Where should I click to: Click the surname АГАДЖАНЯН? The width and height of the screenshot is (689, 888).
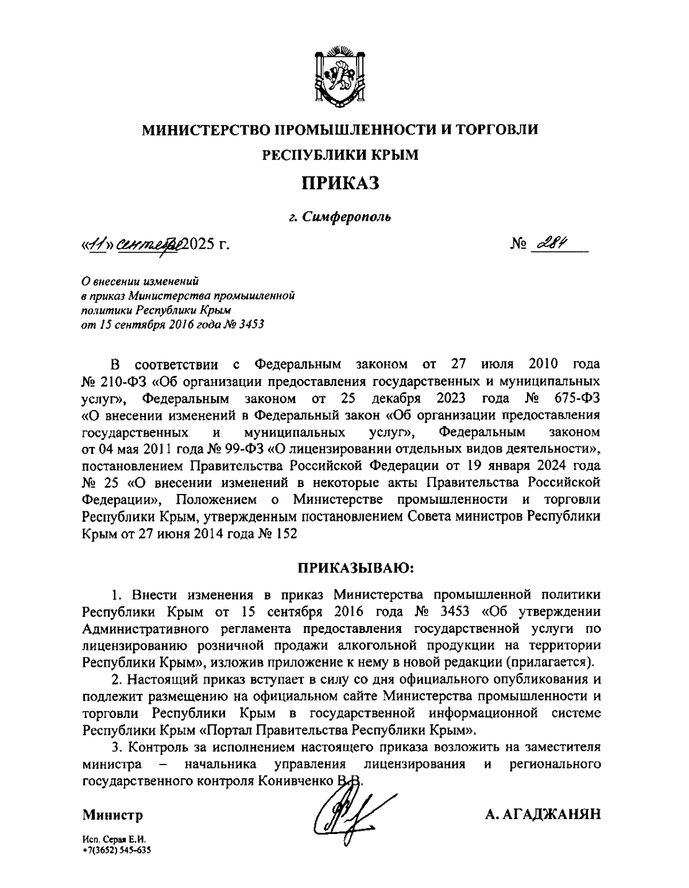pos(541,814)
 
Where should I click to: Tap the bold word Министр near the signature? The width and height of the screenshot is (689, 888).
pos(113,815)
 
